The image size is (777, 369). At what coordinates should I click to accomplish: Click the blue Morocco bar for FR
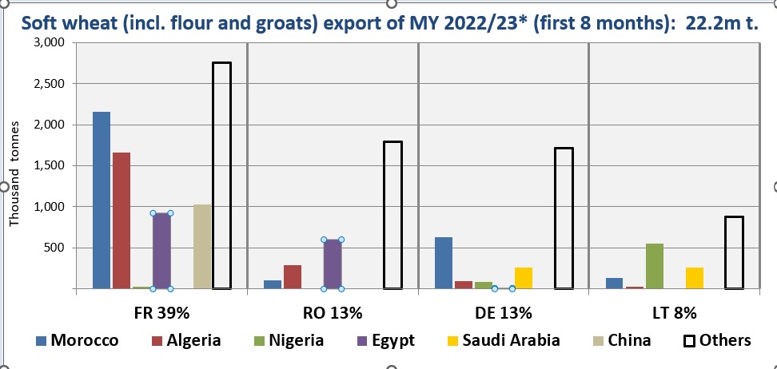coord(102,200)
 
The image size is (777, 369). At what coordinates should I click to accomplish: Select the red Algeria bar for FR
coord(122,220)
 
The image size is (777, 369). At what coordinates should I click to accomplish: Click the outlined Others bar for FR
coord(221,176)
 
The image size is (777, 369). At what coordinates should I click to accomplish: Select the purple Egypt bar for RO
coord(333,264)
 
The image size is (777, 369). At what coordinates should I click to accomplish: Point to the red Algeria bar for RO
coord(293,276)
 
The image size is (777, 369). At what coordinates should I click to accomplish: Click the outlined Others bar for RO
coord(392,215)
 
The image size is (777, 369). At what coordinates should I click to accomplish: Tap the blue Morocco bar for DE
coord(444,263)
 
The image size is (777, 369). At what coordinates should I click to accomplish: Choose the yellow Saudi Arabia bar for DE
coord(524,277)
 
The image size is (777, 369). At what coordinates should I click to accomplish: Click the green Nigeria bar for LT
coord(655,266)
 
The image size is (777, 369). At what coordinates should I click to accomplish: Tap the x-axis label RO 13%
coord(333,310)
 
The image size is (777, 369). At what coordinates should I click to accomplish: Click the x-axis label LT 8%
coord(674,310)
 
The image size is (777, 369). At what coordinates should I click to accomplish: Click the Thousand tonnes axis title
coord(14,169)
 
